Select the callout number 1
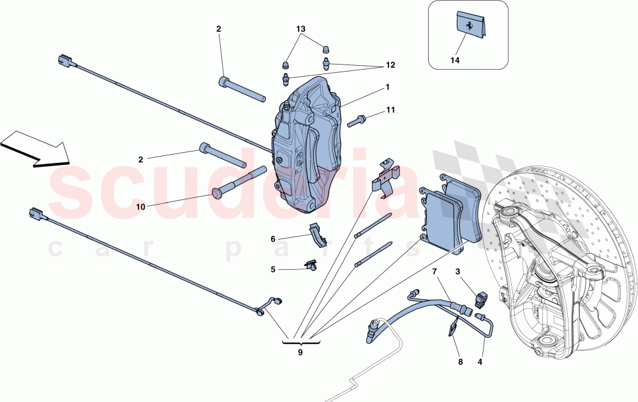(x=387, y=86)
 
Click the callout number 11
(x=390, y=110)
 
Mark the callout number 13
(x=300, y=30)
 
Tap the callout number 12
(x=390, y=65)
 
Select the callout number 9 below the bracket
(x=299, y=350)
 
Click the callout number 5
(x=272, y=270)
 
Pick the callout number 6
(x=272, y=239)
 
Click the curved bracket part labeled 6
(x=318, y=235)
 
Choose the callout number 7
(x=434, y=272)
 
